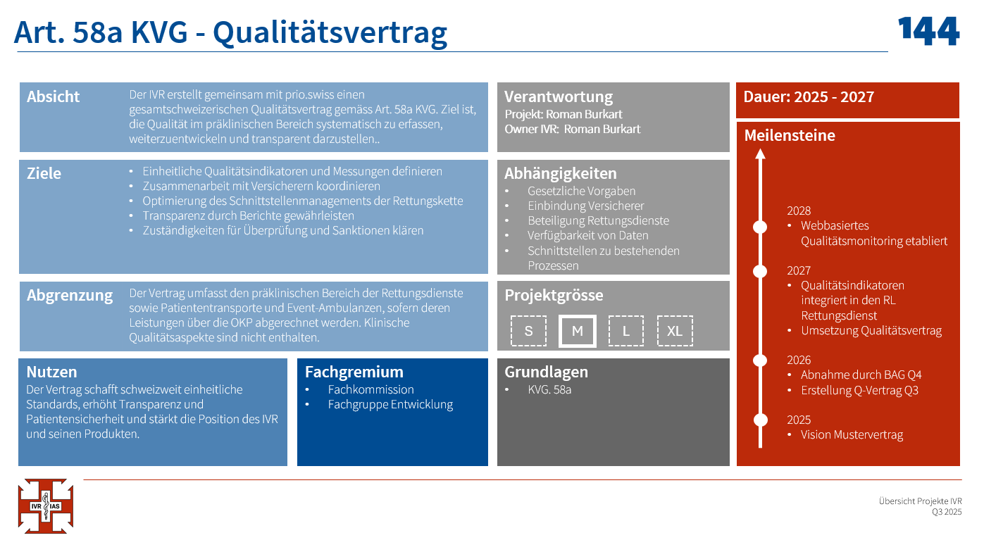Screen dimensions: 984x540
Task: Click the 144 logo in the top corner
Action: pyautogui.click(x=928, y=31)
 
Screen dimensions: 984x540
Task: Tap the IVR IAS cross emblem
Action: pyautogui.click(x=46, y=506)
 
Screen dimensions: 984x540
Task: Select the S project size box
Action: pyautogui.click(x=528, y=331)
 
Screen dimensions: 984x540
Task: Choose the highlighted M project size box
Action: pyautogui.click(x=577, y=331)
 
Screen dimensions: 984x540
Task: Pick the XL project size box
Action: pyautogui.click(x=675, y=331)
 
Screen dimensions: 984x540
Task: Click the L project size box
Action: pyautogui.click(x=626, y=331)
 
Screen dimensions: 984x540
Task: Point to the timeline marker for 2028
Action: pyautogui.click(x=760, y=227)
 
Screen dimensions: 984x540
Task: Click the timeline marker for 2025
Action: pyautogui.click(x=761, y=420)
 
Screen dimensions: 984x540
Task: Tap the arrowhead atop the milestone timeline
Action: pyautogui.click(x=761, y=153)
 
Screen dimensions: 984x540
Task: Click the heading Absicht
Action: pyautogui.click(x=53, y=96)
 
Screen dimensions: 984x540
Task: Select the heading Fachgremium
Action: pyautogui.click(x=354, y=372)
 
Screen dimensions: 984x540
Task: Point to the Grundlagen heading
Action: pyautogui.click(x=546, y=372)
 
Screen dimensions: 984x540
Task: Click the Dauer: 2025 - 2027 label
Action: pyautogui.click(x=809, y=96)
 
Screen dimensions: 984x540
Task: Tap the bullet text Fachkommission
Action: pyautogui.click(x=370, y=389)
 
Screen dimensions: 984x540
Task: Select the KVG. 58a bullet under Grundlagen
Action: pyautogui.click(x=549, y=389)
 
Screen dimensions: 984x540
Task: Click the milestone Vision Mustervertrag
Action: pyautogui.click(x=852, y=434)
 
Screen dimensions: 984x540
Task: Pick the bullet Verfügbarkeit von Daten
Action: pyautogui.click(x=587, y=235)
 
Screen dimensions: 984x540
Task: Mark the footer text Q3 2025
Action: pyautogui.click(x=947, y=512)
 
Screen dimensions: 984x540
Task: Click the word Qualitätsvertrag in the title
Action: pyautogui.click(x=330, y=33)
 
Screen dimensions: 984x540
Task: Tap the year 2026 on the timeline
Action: pyautogui.click(x=799, y=360)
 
